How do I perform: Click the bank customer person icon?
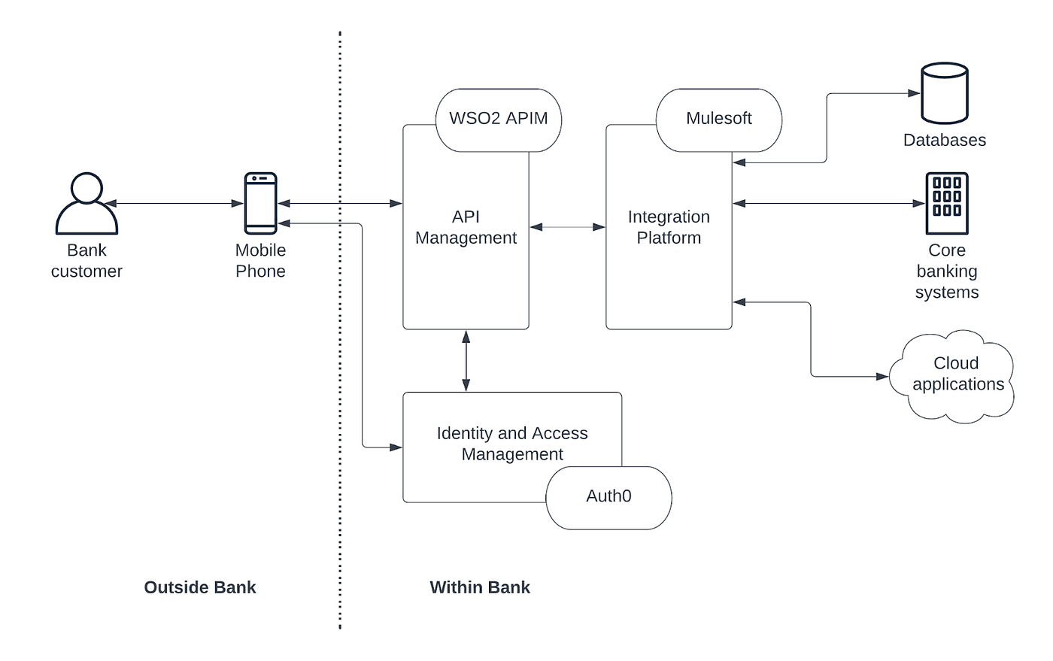86,203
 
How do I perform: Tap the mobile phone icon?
260,203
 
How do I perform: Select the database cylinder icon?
945,93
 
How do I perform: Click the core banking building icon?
947,203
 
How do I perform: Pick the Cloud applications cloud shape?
951,376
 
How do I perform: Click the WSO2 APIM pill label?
498,120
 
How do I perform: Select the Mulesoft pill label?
719,120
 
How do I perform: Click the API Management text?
466,227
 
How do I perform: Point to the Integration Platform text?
669,227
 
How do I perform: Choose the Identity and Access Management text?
512,444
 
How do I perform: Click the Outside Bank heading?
200,587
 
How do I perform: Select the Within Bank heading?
480,587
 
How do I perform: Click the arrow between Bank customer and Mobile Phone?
174,204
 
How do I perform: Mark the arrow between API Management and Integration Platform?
567,227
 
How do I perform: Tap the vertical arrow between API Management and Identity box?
466,361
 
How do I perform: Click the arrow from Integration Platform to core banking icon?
829,204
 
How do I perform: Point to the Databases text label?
945,140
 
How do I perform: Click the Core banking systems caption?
947,271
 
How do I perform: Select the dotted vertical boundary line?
340,330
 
